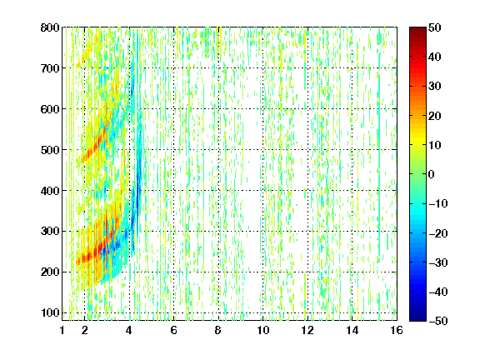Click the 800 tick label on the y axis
(x=50, y=27)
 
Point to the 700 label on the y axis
(x=50, y=68)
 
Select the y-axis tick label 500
(x=50, y=150)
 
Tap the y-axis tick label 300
(x=50, y=232)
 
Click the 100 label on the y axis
(x=50, y=312)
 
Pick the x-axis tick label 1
(x=62, y=330)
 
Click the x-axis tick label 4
(x=129, y=330)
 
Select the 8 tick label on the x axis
(x=218, y=330)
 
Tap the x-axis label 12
(x=307, y=330)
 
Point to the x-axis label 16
(x=397, y=330)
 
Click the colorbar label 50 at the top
(x=435, y=27)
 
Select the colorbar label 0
(x=432, y=174)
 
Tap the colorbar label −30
(x=438, y=262)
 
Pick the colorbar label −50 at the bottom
(x=438, y=321)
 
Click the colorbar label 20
(x=435, y=116)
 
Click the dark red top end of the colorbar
(x=417, y=28)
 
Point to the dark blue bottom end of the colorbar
(x=417, y=319)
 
